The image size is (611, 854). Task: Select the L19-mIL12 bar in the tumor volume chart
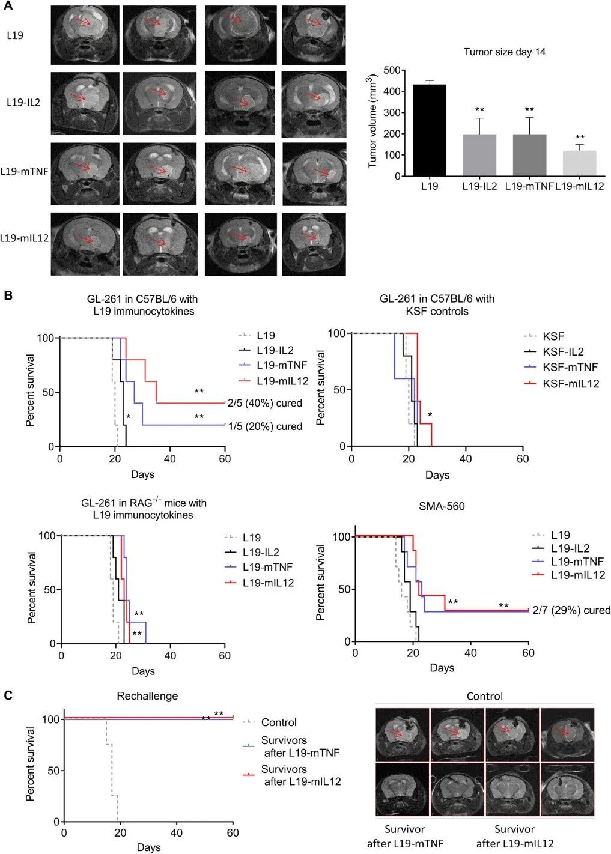580,163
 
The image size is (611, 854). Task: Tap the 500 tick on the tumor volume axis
391,70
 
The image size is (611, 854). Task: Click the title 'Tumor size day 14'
504,52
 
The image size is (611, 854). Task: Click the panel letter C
8,695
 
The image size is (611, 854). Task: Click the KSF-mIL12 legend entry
571,383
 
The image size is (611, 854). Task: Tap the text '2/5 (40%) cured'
264,403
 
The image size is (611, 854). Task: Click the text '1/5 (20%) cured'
265,426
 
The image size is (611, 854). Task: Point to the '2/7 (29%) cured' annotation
571,610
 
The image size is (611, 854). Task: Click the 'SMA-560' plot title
442,506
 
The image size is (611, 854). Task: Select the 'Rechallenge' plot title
147,696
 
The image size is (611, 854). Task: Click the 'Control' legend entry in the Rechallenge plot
279,722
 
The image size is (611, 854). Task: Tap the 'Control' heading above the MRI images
484,697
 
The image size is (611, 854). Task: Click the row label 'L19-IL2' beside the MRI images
23,102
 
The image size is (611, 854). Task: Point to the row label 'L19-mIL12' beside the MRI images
24,238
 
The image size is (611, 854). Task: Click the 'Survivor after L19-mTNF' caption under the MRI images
405,836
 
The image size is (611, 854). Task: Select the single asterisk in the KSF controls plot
430,414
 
